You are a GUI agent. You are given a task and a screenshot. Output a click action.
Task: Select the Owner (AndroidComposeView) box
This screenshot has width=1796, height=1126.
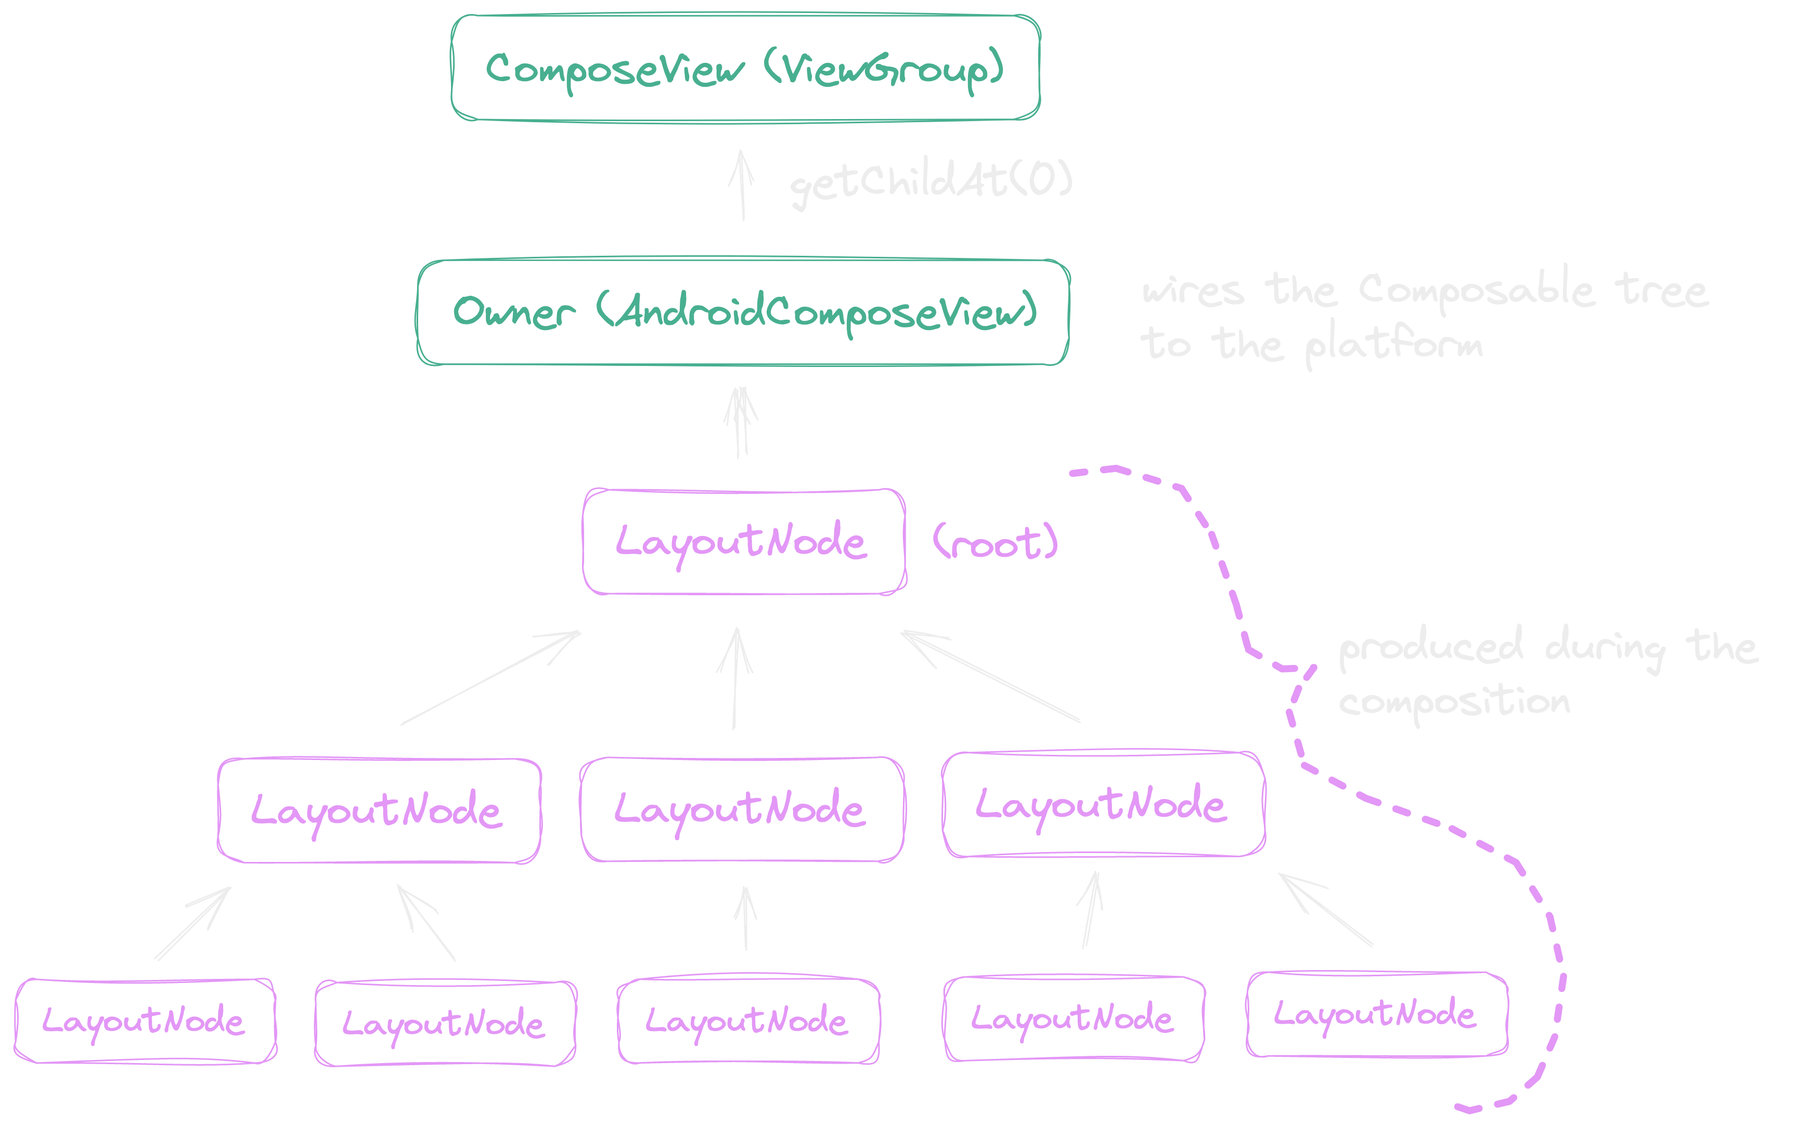point(743,312)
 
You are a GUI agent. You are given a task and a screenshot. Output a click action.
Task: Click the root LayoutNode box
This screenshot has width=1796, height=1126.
point(743,541)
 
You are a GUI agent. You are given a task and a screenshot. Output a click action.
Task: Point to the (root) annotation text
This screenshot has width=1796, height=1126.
point(995,542)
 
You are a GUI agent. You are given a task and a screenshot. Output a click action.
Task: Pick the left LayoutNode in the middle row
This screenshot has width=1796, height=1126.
point(379,810)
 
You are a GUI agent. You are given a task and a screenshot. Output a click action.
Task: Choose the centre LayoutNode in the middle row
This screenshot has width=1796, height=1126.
point(742,809)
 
